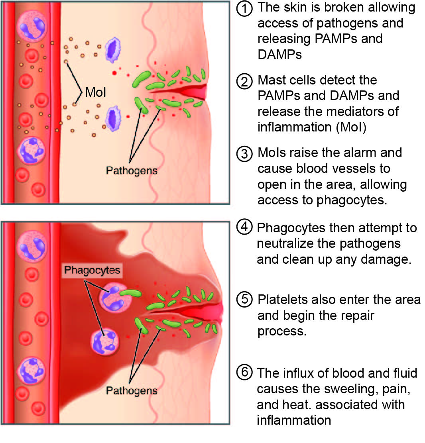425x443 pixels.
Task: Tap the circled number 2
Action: [x=244, y=81]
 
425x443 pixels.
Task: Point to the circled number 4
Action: [x=244, y=227]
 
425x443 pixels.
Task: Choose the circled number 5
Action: [x=244, y=300]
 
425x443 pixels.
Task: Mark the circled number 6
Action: [x=244, y=373]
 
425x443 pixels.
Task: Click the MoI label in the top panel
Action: [x=95, y=93]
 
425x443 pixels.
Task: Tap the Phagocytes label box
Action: [x=92, y=270]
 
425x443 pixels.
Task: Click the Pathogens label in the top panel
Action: [x=132, y=171]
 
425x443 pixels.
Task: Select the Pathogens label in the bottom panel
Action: [x=132, y=390]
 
